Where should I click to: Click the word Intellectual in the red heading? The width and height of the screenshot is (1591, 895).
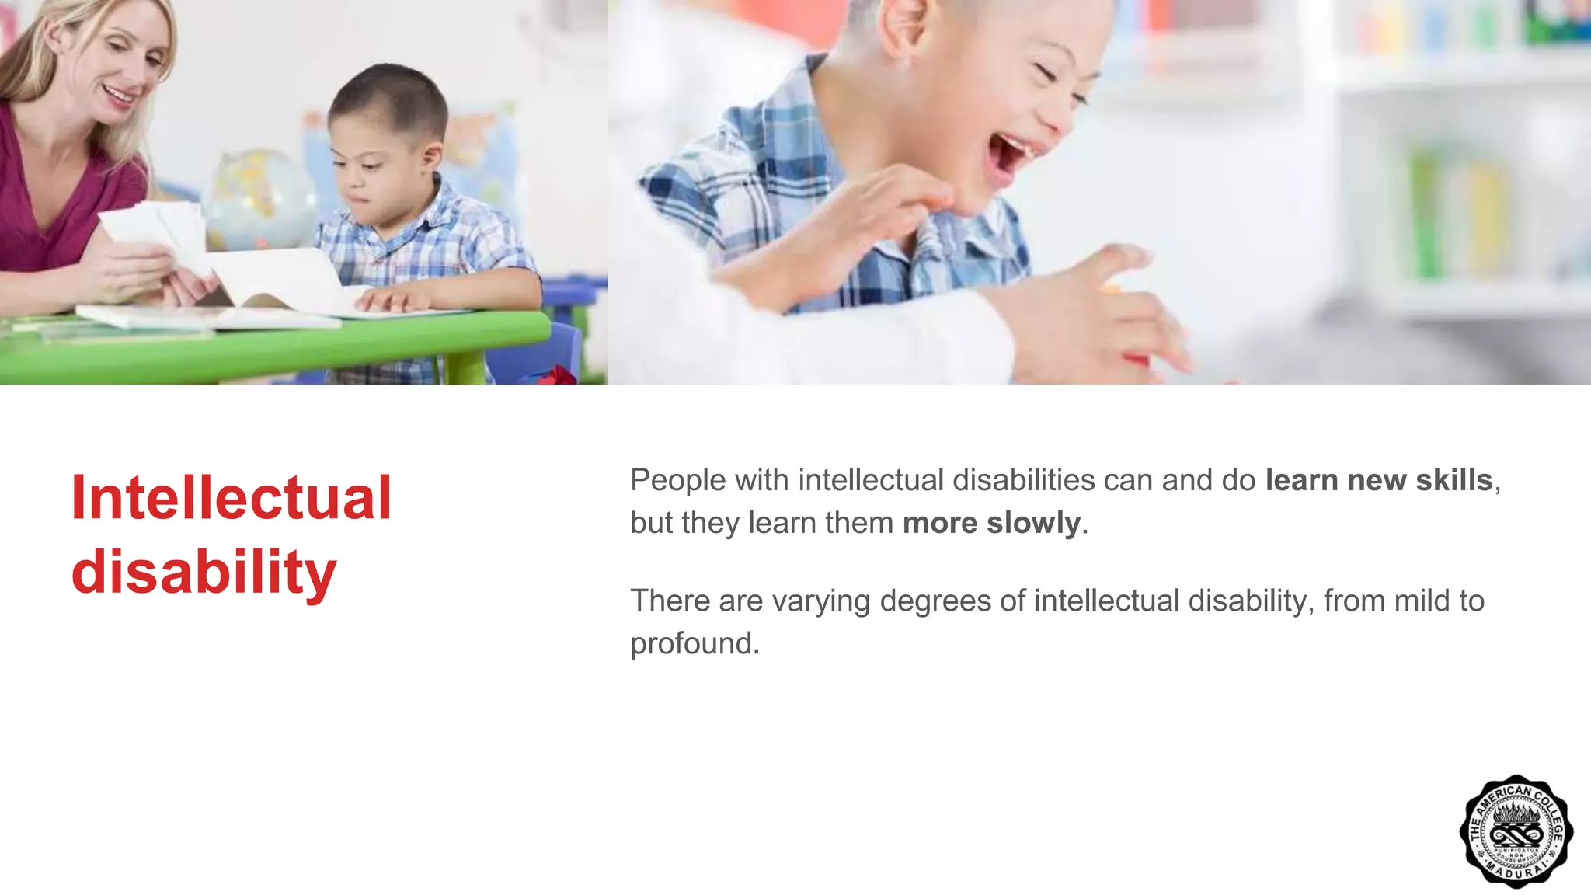[231, 498]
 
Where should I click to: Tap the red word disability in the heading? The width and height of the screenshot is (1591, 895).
[204, 573]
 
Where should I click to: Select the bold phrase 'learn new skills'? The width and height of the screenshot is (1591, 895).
[1378, 480]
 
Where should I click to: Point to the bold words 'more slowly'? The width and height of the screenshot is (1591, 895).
[991, 523]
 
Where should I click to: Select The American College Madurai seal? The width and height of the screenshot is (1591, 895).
[1516, 831]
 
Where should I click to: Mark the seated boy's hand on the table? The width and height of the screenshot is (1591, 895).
[396, 299]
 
